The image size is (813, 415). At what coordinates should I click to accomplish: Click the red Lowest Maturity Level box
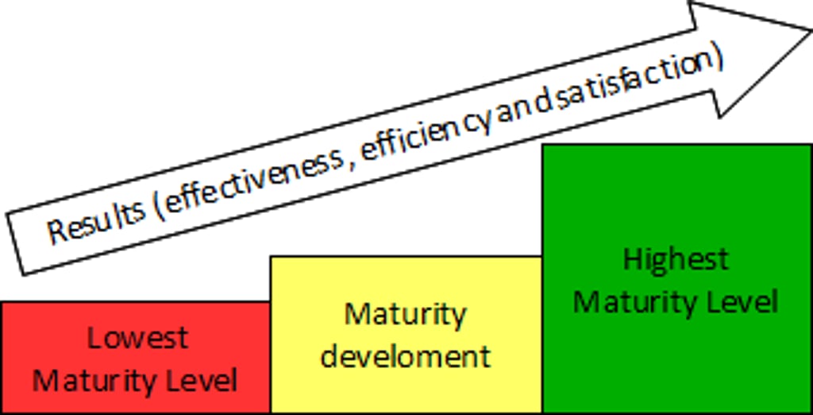[135, 358]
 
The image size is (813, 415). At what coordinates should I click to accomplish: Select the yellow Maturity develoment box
[406, 335]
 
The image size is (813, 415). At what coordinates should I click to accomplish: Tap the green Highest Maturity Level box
[676, 279]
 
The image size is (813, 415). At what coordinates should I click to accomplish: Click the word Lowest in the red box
[137, 338]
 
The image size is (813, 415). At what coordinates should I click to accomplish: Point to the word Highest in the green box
[676, 258]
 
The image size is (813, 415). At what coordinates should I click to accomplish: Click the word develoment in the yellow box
[406, 355]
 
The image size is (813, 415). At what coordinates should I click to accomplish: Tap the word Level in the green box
[746, 302]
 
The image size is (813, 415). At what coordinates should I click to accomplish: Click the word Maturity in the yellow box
[406, 314]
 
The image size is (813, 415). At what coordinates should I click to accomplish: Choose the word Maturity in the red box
[98, 380]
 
